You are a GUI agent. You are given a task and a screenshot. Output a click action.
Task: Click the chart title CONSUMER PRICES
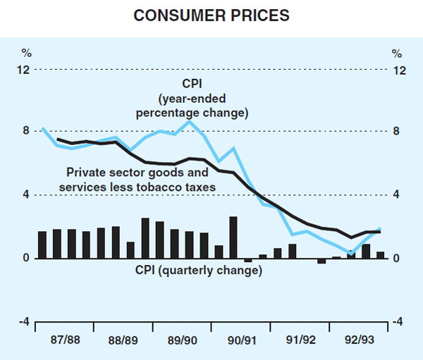[x=211, y=14]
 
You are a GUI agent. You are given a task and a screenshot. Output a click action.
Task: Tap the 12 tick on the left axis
[x=25, y=70]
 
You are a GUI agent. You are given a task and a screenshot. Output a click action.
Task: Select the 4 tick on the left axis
[x=26, y=195]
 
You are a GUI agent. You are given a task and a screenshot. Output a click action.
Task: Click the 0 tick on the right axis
[x=398, y=259]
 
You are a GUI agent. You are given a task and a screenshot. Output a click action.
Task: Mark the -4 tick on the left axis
[x=24, y=322]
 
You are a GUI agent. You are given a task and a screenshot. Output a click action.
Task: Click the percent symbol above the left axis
[x=26, y=52]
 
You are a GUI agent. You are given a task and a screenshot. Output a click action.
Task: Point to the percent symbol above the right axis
[x=397, y=52]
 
